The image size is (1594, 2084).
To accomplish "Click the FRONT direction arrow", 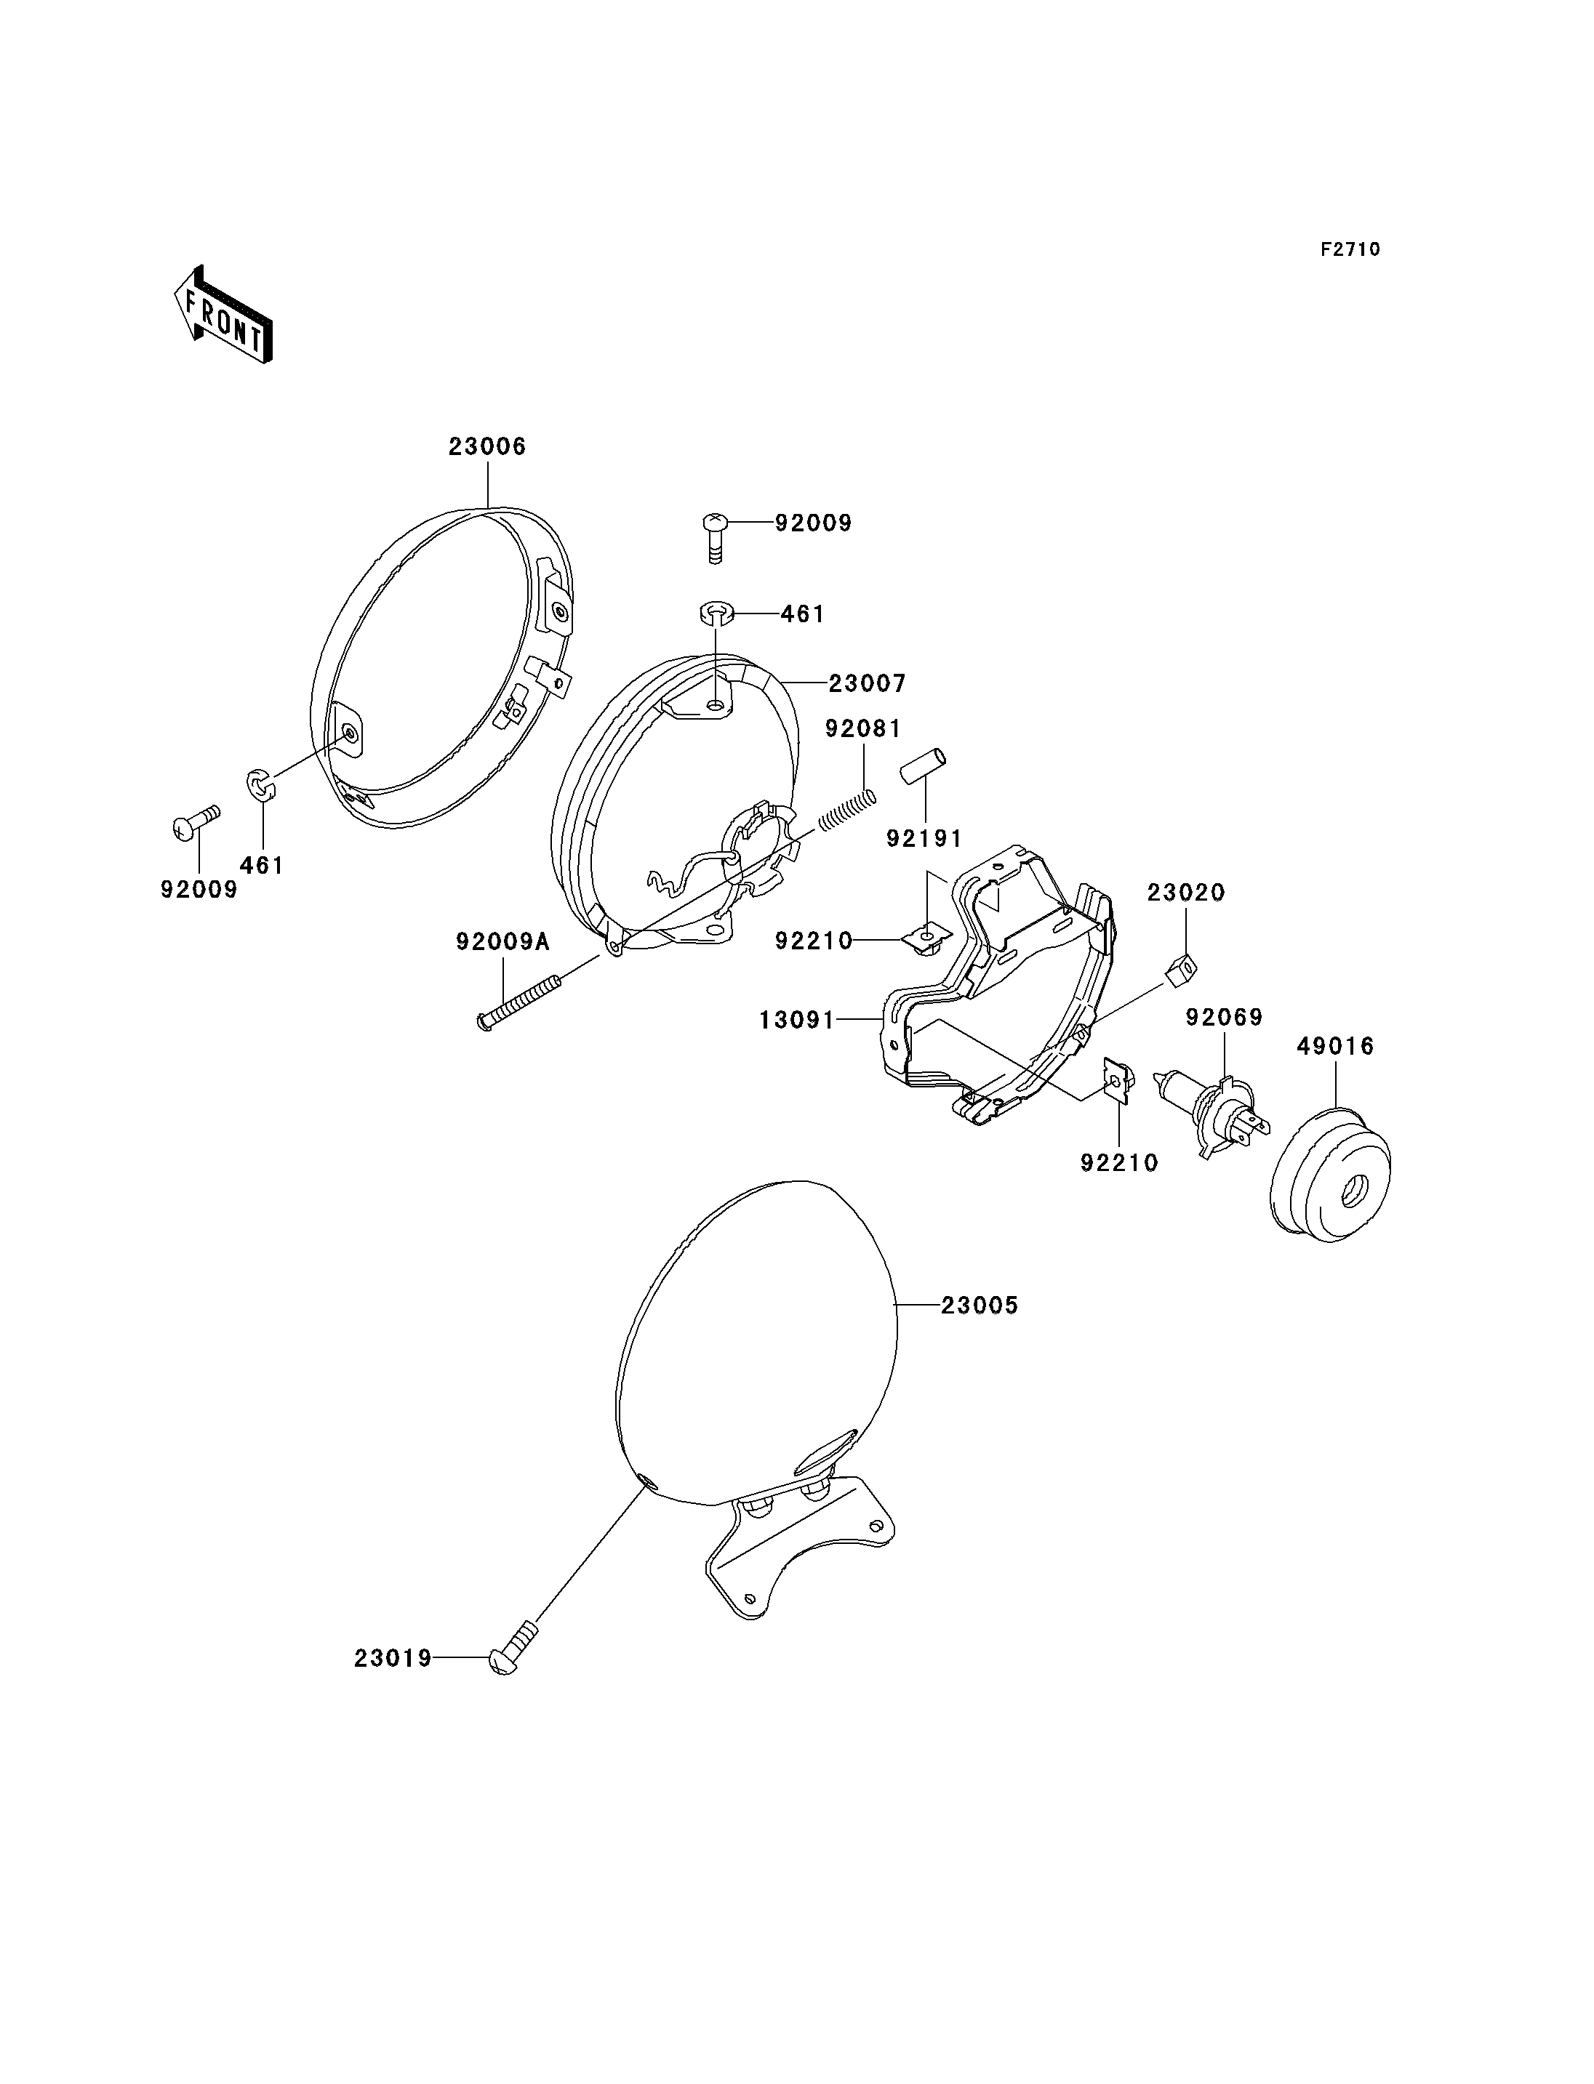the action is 224,316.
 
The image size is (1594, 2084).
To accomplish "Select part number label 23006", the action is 488,447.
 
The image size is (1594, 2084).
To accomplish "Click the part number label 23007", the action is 868,683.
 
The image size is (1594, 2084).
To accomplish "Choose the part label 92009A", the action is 503,942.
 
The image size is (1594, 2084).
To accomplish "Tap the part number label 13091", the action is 797,1021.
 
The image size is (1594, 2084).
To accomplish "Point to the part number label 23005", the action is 980,1306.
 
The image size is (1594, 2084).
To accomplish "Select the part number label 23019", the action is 393,1658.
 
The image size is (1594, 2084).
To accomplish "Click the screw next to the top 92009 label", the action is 716,538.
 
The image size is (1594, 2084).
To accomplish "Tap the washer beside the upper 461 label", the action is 719,613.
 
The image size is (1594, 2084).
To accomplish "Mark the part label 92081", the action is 863,728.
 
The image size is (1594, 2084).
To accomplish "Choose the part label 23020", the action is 1186,893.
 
